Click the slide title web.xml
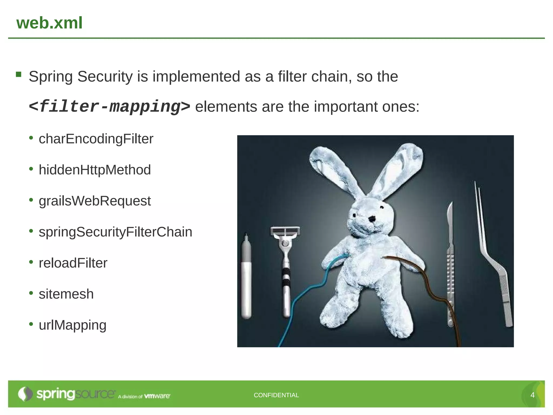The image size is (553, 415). pos(49,23)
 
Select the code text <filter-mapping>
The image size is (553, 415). pos(109,106)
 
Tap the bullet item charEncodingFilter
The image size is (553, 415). pos(96,139)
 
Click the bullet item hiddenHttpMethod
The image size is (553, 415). pos(95,170)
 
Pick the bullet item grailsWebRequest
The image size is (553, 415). pos(95,201)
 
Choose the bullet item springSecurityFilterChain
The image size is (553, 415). pos(115,232)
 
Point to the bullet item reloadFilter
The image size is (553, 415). pos(73,263)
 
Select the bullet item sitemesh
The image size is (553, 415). pos(66,294)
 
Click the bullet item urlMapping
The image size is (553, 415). pos(72,325)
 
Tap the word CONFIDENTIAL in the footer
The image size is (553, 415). pos(276,395)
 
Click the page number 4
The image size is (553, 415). pos(532,395)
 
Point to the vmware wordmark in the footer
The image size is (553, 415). pos(157,396)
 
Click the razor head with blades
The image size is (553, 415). pos(285,232)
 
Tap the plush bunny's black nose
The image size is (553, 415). pos(372,219)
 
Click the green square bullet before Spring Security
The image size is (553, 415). pos(19,74)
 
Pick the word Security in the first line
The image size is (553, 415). pos(105,76)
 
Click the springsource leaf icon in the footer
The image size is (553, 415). pos(25,394)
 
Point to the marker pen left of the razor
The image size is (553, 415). pos(246,278)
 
